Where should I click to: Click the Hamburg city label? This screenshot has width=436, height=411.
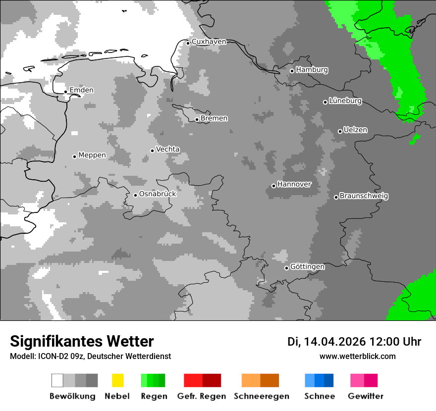pos(312,70)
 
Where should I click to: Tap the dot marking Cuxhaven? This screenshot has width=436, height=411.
pos(188,43)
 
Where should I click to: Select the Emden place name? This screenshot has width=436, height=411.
pos(81,90)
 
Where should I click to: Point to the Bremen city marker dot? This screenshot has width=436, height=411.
pos(197,119)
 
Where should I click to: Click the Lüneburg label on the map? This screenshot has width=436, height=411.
pos(345,101)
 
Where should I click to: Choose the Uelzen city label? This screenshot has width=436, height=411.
pos(355,130)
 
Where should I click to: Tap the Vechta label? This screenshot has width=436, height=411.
pos(168,149)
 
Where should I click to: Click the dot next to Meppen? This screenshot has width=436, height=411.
pos(74,156)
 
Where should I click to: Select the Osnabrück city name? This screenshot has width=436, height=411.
pos(158,194)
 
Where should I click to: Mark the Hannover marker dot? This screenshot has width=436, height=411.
pos(273,186)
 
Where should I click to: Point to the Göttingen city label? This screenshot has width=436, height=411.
pos(307,267)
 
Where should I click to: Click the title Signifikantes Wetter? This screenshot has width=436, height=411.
pos(82,341)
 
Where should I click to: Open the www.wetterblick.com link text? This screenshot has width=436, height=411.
pos(357,356)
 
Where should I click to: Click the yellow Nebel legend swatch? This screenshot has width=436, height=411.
pos(117,380)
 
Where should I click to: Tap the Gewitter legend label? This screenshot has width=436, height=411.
pos(365,396)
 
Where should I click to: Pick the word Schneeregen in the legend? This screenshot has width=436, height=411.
pos(261,396)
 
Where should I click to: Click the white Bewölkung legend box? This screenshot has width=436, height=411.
pos(57,380)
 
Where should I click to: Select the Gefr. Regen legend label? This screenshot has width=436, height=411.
pos(202,396)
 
